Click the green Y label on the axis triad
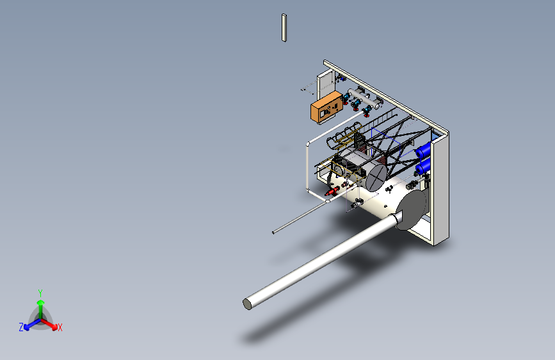tap(40, 293)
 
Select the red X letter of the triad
tap(60, 328)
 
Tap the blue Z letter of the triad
tap(21, 327)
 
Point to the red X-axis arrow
tap(49, 324)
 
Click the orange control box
tap(326, 108)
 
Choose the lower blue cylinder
tap(423, 166)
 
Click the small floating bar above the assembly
tap(284, 28)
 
